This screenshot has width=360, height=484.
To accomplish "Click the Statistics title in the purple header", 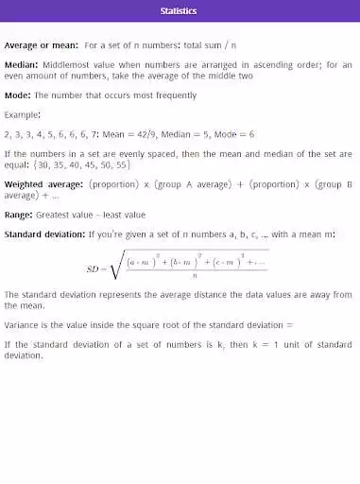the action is (x=179, y=10).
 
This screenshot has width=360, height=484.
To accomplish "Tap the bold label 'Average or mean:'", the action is (x=42, y=44).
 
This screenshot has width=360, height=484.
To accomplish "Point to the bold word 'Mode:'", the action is (x=18, y=95).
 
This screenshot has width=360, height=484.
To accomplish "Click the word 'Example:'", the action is (x=23, y=114).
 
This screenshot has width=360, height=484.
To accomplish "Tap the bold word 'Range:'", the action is (x=21, y=215).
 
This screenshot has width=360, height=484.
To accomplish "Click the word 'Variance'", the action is (x=23, y=323).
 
